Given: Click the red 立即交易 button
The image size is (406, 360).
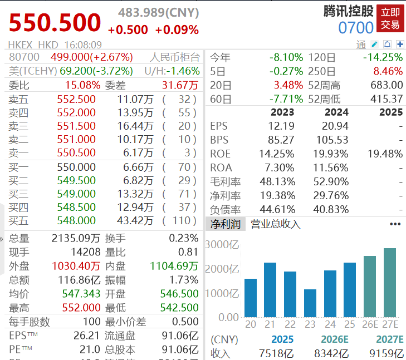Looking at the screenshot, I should (390, 18).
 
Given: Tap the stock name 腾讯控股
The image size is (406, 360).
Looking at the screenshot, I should (349, 11).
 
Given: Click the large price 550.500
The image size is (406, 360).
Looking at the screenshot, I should (55, 23).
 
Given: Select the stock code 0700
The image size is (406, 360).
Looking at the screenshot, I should (356, 28).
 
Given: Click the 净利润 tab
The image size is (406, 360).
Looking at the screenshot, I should (226, 224).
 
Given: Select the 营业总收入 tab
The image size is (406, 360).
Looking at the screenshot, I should (275, 224).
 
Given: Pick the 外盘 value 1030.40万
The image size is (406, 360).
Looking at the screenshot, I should (76, 267).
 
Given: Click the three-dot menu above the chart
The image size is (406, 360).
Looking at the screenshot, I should (395, 224).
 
